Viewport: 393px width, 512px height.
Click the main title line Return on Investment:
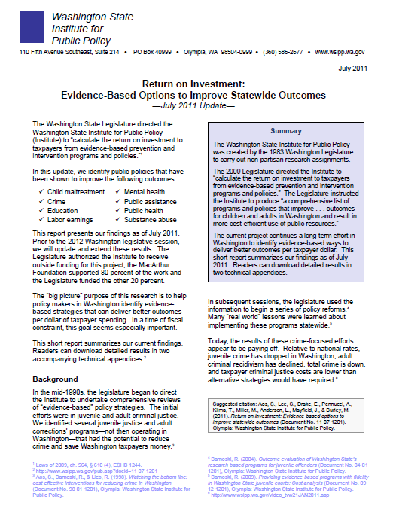(196, 87)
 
